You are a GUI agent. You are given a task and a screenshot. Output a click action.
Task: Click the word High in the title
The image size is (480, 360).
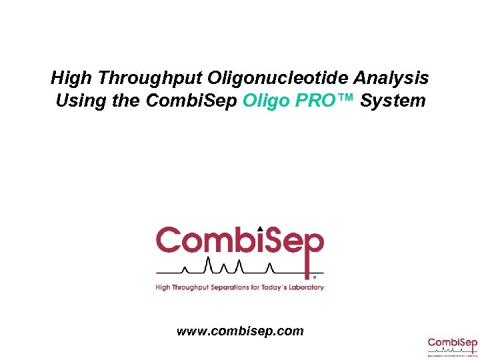69,79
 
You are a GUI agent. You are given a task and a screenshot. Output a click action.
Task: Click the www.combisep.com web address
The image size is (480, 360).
240,331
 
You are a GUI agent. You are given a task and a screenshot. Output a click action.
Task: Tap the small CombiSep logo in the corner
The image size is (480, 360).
453,347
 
